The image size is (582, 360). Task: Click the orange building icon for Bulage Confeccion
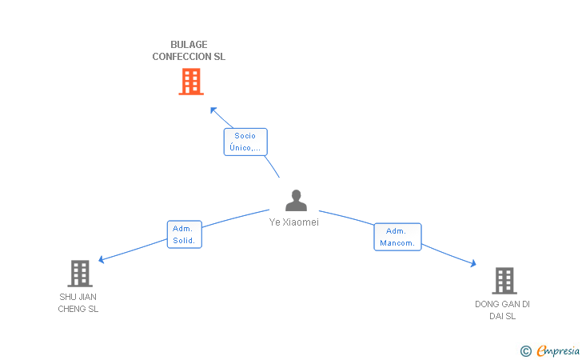click(x=190, y=82)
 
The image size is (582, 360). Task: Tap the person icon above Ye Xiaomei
click(x=296, y=201)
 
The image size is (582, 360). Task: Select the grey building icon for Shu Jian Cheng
click(x=79, y=274)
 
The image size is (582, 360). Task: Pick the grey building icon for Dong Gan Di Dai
click(x=504, y=281)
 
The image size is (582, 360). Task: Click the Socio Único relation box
click(x=245, y=142)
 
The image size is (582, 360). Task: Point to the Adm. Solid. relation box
click(x=184, y=234)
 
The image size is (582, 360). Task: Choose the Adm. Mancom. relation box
click(x=397, y=237)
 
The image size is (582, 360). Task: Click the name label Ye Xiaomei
click(x=293, y=222)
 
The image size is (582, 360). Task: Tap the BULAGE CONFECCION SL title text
click(x=189, y=50)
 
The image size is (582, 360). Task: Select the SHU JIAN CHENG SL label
click(x=78, y=302)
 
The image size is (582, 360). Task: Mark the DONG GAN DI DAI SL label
click(x=502, y=310)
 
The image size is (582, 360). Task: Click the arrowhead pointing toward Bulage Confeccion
click(x=213, y=110)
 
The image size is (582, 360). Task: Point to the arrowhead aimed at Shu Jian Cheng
click(x=101, y=259)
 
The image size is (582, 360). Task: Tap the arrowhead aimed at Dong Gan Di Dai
click(x=473, y=263)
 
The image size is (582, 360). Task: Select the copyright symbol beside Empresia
click(x=525, y=350)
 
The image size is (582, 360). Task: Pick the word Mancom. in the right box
click(x=397, y=243)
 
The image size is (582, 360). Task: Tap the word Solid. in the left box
click(x=184, y=241)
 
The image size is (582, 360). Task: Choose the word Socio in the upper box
click(x=245, y=136)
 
